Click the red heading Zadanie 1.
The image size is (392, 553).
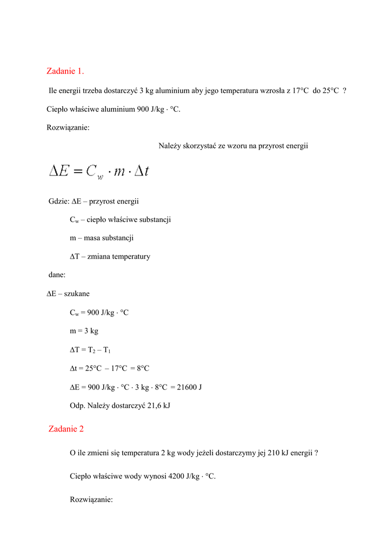pos(65,71)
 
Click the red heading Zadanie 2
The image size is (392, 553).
pos(66,429)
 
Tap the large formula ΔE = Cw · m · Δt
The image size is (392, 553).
pos(99,172)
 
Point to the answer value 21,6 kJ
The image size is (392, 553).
pos(159,405)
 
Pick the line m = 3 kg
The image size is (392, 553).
pos(84,331)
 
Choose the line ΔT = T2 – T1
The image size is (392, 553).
pos(90,350)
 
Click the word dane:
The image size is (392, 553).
pos(57,275)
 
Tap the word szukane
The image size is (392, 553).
pos(77,294)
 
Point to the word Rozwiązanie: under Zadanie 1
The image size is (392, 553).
pos(68,127)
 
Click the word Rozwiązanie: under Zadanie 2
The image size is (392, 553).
pos(91,500)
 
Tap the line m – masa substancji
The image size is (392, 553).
pos(102,238)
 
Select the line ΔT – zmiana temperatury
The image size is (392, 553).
pos(110,257)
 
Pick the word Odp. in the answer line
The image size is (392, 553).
pos(77,405)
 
